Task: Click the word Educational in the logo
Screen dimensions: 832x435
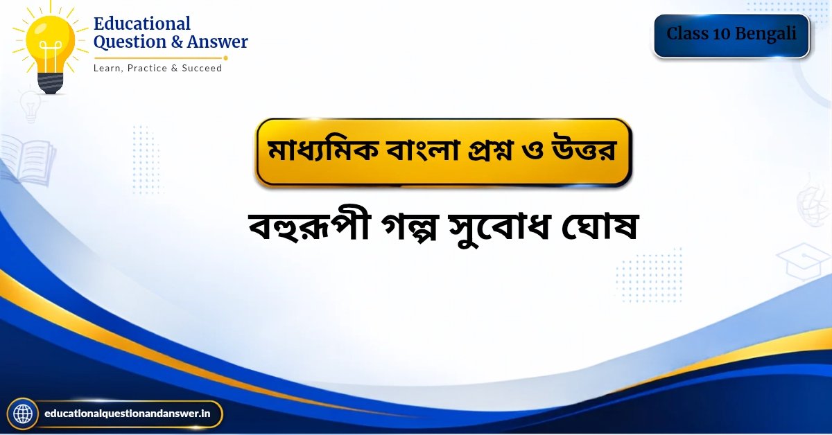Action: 142,24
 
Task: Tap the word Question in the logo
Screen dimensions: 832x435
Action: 130,42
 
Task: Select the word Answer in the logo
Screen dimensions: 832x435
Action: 217,42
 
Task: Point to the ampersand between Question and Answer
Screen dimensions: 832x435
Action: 176,42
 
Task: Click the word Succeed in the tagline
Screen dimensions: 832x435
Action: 202,68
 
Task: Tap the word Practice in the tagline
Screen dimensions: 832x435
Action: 147,68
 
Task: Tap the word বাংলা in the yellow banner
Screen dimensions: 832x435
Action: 423,150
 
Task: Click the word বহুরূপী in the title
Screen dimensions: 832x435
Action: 309,227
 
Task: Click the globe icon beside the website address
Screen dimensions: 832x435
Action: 23,414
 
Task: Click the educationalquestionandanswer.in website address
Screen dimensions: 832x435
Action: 127,414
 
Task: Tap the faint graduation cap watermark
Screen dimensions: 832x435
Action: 804,262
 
